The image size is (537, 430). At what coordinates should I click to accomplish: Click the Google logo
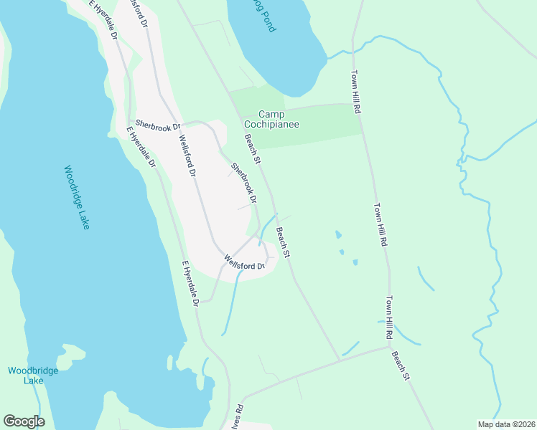24,421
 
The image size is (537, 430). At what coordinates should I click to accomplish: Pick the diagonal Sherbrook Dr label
243,182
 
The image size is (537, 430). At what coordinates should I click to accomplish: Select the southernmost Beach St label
401,365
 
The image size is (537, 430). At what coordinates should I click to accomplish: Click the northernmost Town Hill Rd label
355,92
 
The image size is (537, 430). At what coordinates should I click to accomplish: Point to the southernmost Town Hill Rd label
389,317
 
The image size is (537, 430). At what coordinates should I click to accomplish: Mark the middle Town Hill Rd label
380,225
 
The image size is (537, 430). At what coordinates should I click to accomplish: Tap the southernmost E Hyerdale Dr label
190,284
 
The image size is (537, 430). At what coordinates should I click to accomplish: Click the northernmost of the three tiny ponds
337,234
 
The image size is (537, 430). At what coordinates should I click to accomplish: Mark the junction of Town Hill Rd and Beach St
388,348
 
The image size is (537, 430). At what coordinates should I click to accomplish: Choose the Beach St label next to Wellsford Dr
284,243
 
